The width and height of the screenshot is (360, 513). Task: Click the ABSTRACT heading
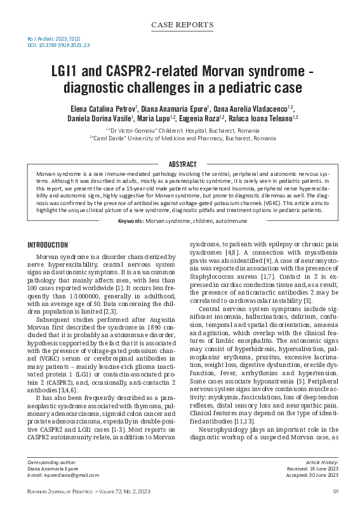[180, 164]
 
